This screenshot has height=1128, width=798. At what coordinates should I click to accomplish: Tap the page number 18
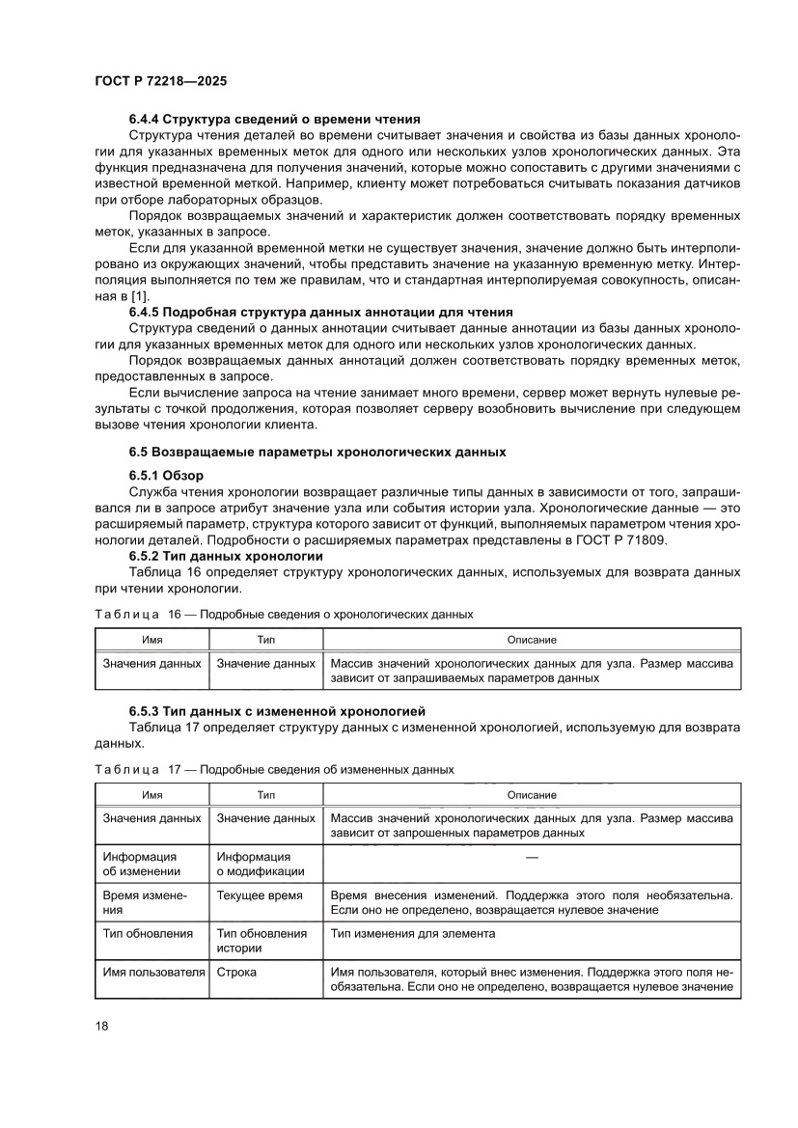coord(102,1025)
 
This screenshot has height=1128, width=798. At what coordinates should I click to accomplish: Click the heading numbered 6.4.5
coord(320,312)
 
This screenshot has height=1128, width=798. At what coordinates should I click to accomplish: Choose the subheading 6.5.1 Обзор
coord(166,476)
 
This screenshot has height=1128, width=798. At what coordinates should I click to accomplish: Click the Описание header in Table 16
coord(532,640)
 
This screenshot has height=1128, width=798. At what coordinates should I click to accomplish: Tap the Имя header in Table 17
coord(151,795)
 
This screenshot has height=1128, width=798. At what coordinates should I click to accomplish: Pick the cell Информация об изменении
coord(141,864)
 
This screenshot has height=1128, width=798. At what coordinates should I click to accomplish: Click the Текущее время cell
coord(259,895)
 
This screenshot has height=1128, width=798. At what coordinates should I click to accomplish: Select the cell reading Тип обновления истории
coord(261,941)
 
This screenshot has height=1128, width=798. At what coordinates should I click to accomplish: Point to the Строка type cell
coord(236,972)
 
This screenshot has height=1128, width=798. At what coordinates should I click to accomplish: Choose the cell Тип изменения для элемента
coord(413,934)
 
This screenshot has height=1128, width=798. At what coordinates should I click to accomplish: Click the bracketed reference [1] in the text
coord(139,296)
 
